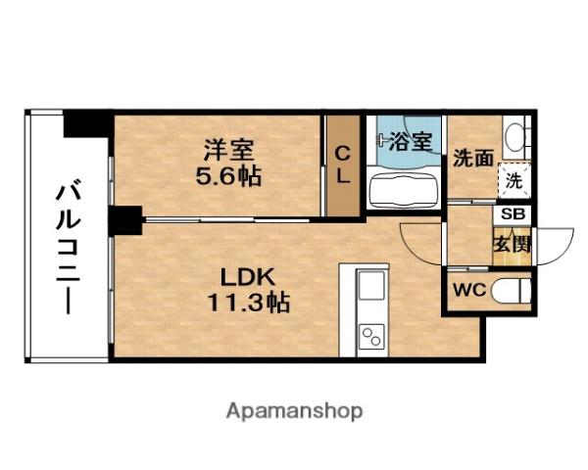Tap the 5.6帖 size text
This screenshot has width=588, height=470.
point(229,177)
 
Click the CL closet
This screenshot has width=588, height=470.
point(343,165)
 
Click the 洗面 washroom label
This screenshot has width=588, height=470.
point(472,159)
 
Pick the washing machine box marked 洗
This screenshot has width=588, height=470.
point(514,179)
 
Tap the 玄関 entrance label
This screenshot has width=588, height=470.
point(513,243)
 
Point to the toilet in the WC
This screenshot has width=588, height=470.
point(511,291)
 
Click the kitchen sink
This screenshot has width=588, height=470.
point(371,287)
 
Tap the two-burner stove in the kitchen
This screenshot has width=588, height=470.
point(371,338)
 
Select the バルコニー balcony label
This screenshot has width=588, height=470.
point(67,246)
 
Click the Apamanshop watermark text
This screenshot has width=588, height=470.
point(295,410)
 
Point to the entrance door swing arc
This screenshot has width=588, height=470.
point(557,244)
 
